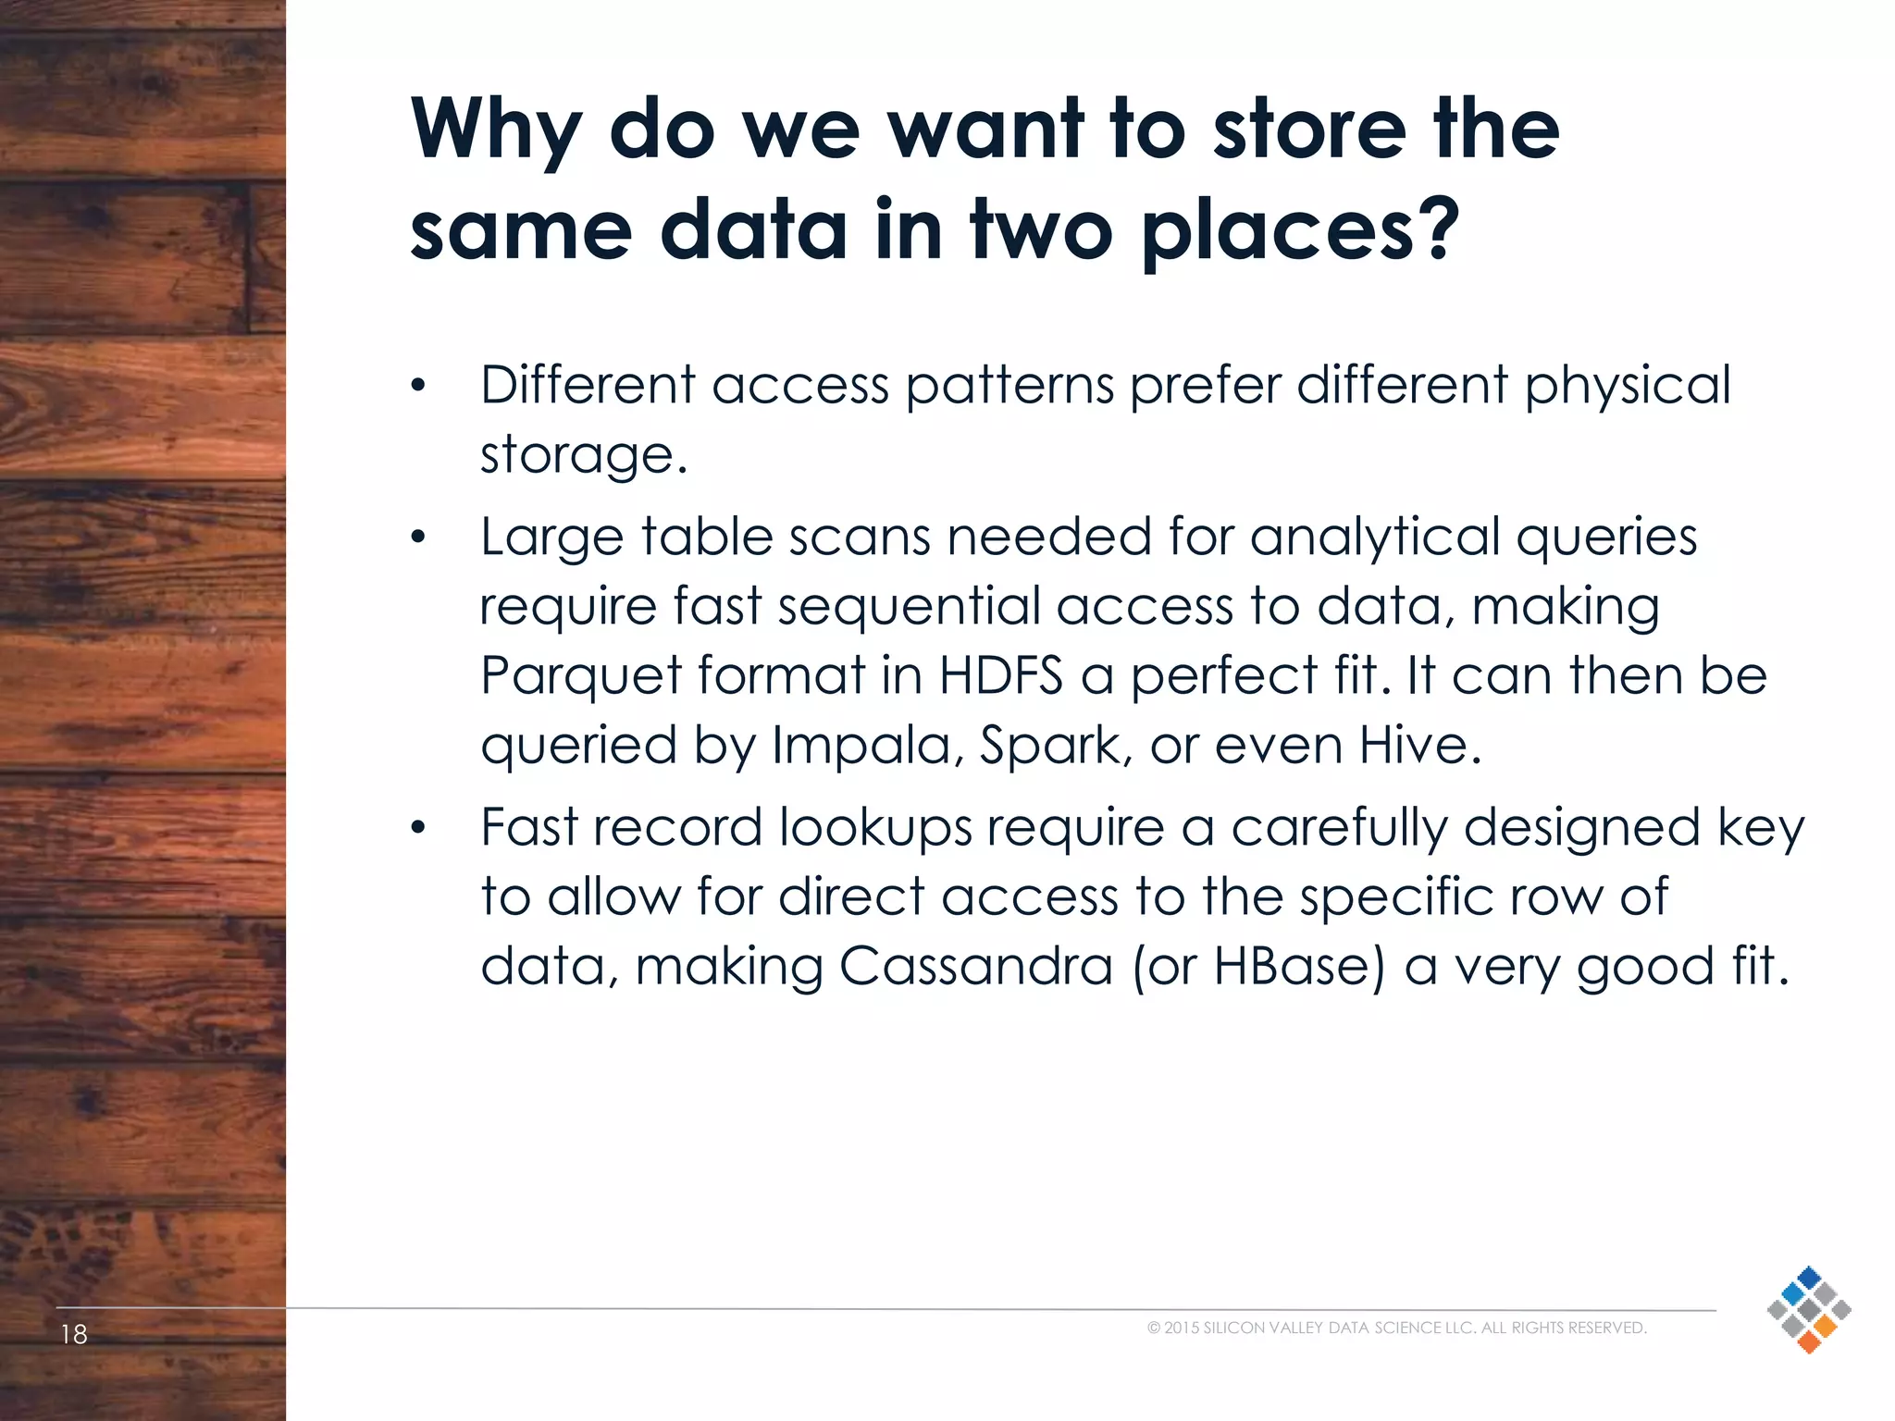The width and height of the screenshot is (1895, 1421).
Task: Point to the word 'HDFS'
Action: (1000, 674)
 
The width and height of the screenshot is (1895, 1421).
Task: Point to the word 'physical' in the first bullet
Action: (1628, 387)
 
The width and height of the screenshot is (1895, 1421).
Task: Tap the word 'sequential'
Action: (910, 606)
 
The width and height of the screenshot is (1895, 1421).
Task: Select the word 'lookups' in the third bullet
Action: (875, 828)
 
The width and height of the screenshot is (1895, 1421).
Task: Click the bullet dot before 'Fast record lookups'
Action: (418, 828)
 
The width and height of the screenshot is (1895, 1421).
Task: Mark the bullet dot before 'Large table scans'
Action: (418, 538)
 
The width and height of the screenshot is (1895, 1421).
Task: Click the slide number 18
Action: (74, 1334)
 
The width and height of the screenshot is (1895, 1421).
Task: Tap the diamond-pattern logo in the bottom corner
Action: (1808, 1309)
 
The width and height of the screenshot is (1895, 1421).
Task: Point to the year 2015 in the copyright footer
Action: (1182, 1328)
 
